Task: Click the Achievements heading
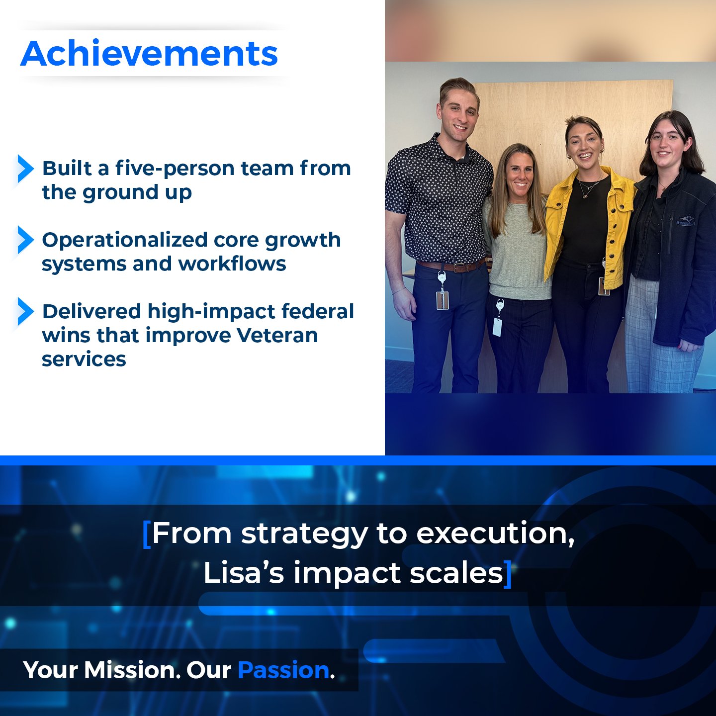(149, 53)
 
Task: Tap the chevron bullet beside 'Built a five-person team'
(25, 169)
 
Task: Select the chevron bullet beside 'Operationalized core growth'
(25, 240)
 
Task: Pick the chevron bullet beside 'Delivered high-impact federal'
(25, 311)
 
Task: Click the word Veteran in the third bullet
(277, 335)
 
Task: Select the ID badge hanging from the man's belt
(442, 300)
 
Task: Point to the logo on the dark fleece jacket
(686, 220)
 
